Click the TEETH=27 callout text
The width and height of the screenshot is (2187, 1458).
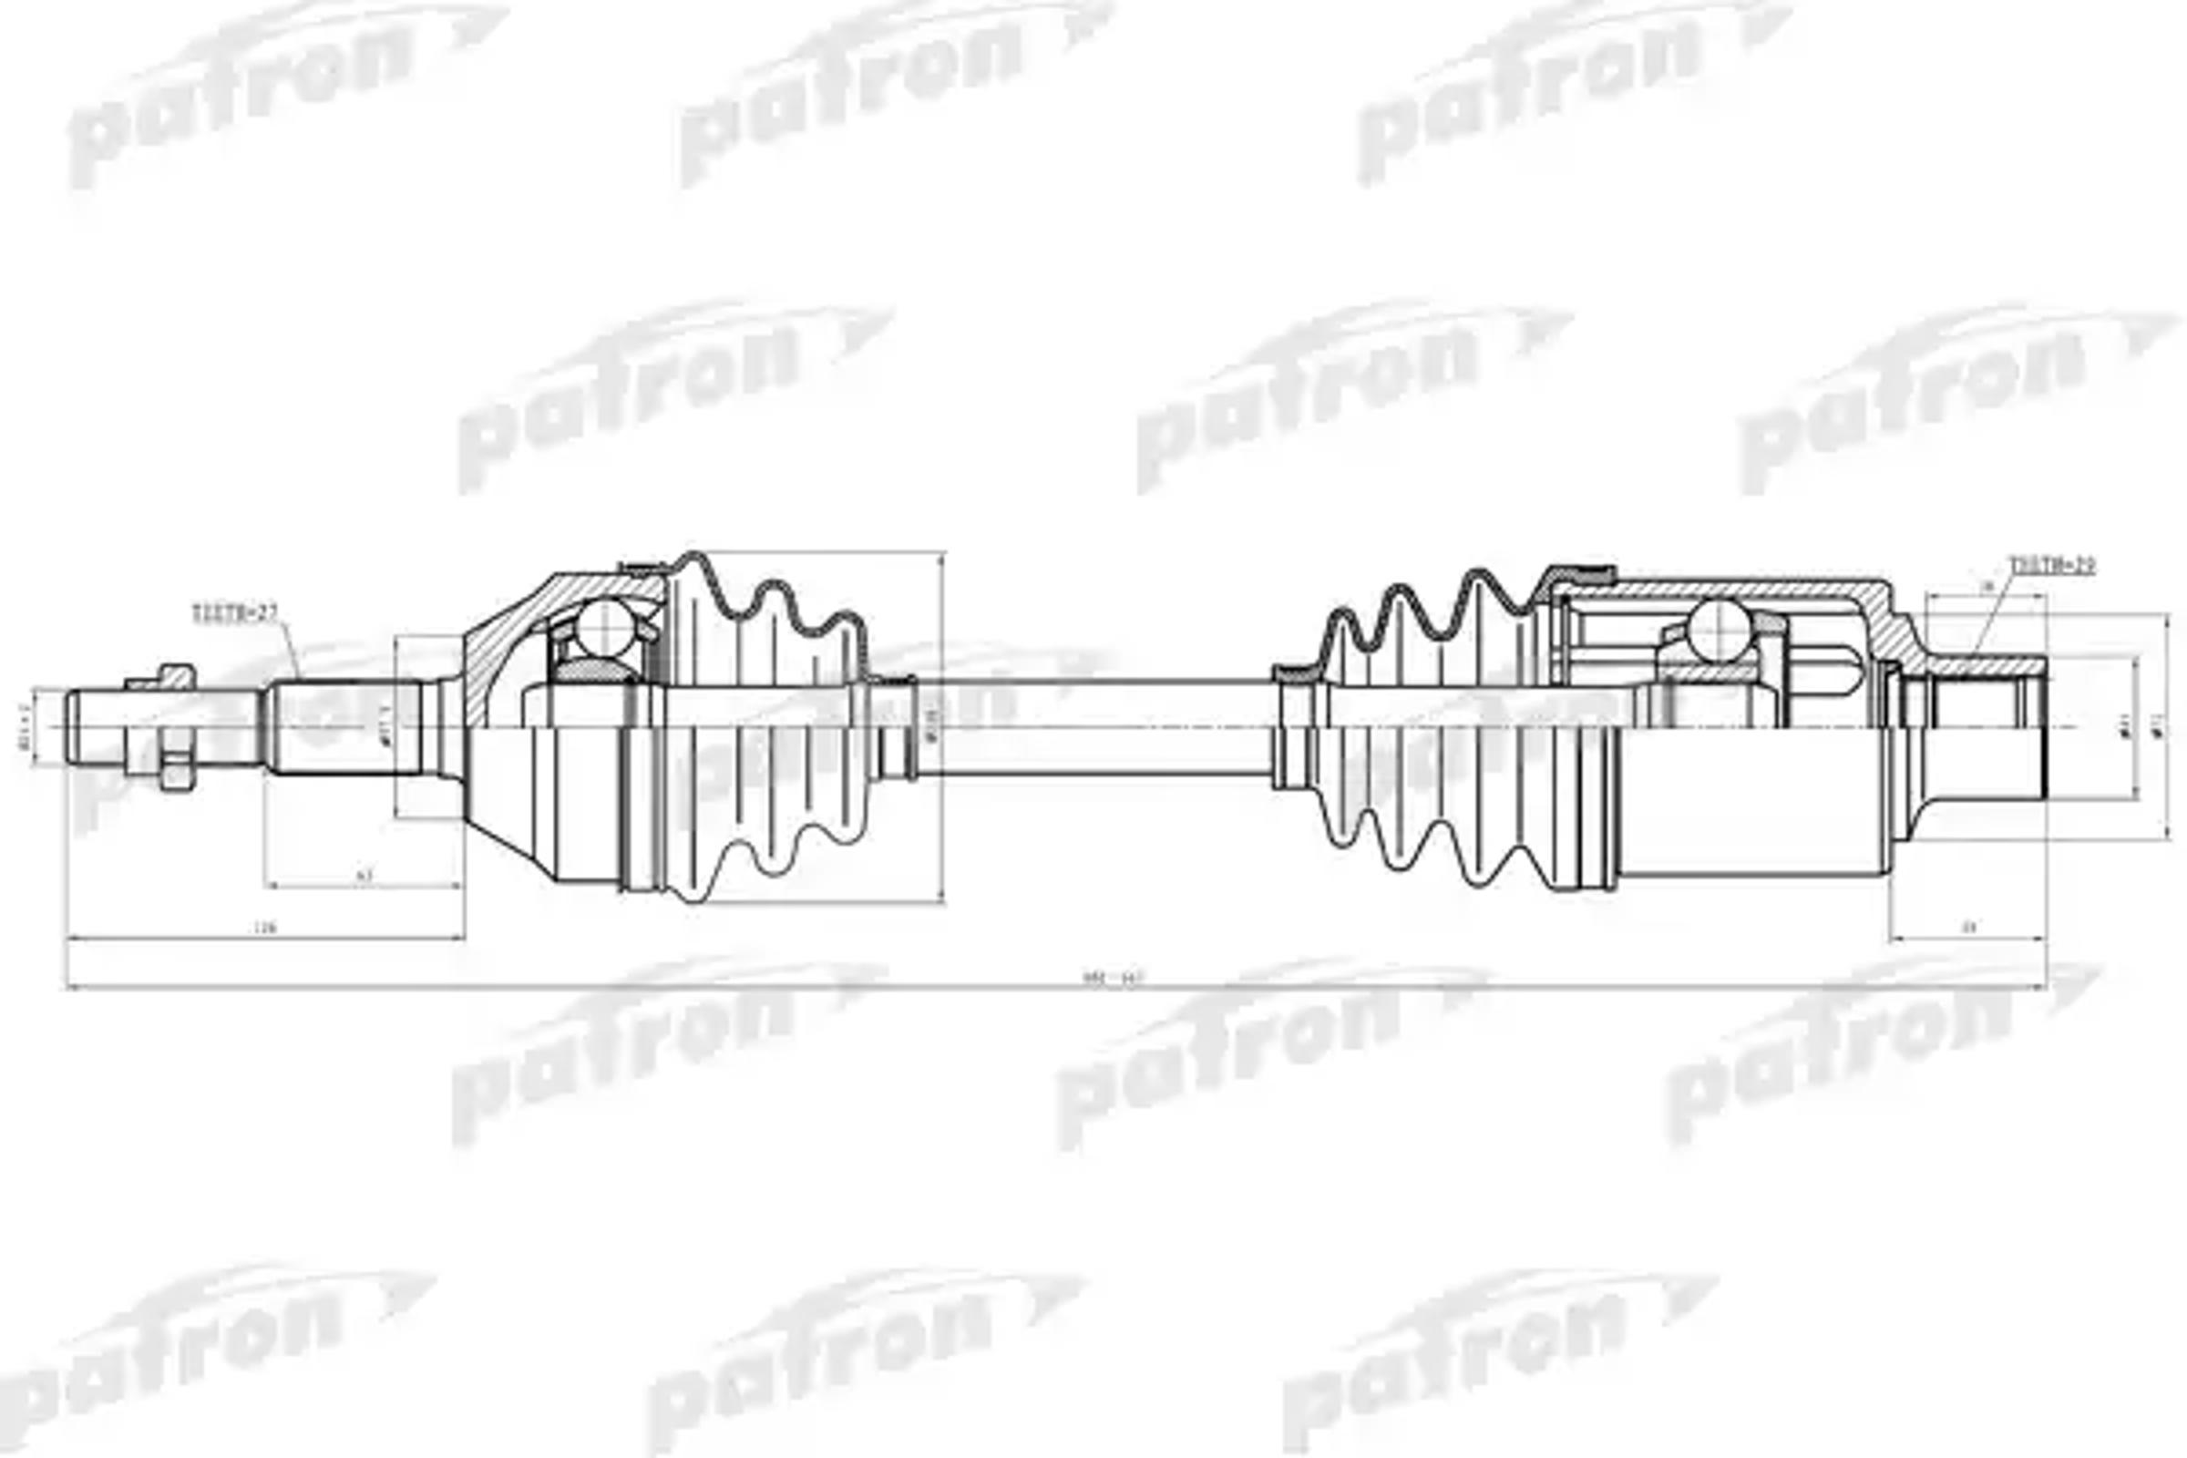coord(234,613)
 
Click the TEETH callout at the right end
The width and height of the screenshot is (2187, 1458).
coord(2052,565)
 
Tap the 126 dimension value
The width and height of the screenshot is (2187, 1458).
coord(267,927)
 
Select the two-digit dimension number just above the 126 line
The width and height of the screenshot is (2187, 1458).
coord(364,875)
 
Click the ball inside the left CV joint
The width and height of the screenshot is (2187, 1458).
coord(602,629)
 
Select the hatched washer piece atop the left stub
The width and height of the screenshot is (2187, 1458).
coord(175,675)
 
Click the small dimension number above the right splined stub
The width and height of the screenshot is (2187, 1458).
coord(1987,586)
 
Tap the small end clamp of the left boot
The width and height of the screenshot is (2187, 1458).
coord(895,727)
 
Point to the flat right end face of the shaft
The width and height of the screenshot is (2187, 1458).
coord(2047,727)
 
